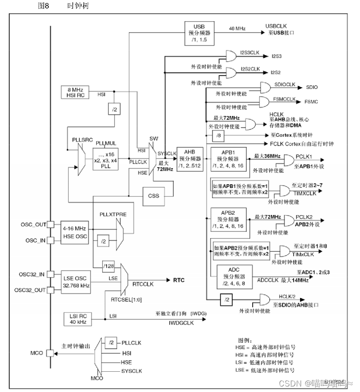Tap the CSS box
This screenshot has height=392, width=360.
(154, 196)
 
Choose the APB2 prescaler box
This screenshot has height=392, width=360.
(228, 220)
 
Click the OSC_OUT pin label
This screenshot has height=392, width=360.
(34, 224)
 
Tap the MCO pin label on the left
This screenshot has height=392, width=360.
(37, 353)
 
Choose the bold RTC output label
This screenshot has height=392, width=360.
(178, 280)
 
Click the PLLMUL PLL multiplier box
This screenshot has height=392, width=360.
(106, 159)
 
